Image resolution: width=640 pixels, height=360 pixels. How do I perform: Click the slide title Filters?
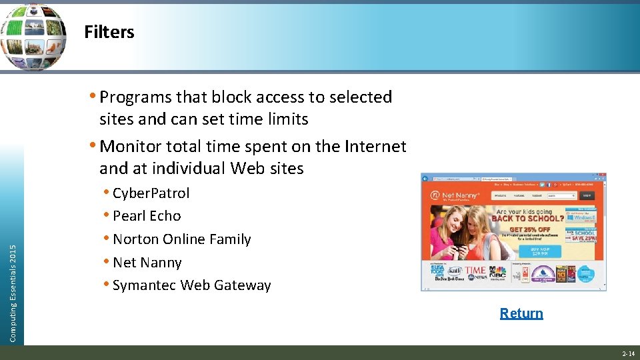pyautogui.click(x=109, y=32)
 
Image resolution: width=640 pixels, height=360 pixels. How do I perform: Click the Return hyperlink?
pyautogui.click(x=521, y=313)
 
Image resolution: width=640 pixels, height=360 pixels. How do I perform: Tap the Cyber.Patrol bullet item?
pyautogui.click(x=151, y=193)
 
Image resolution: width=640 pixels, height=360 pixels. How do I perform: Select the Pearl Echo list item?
pyautogui.click(x=147, y=216)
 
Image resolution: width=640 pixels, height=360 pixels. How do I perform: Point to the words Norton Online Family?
pyautogui.click(x=181, y=239)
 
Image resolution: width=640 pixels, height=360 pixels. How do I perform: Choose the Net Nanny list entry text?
pyautogui.click(x=147, y=263)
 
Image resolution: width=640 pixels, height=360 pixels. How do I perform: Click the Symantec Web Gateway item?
pyautogui.click(x=191, y=285)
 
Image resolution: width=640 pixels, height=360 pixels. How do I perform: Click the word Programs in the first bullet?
pyautogui.click(x=135, y=97)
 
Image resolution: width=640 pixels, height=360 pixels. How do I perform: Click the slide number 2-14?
pyautogui.click(x=628, y=353)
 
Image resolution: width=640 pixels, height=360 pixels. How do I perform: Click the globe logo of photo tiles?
pyautogui.click(x=33, y=37)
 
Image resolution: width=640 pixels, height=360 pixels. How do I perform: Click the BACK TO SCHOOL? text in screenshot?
pyautogui.click(x=528, y=218)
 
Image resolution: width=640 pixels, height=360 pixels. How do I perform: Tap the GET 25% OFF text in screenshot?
pyautogui.click(x=529, y=229)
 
